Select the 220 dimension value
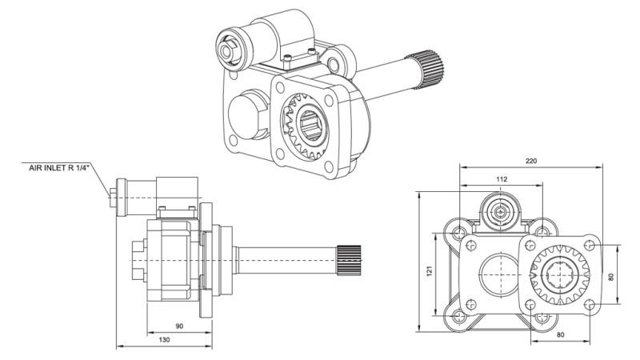point(531,160)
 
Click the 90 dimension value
point(179,327)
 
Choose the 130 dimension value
point(164,341)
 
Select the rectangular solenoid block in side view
point(177,191)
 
